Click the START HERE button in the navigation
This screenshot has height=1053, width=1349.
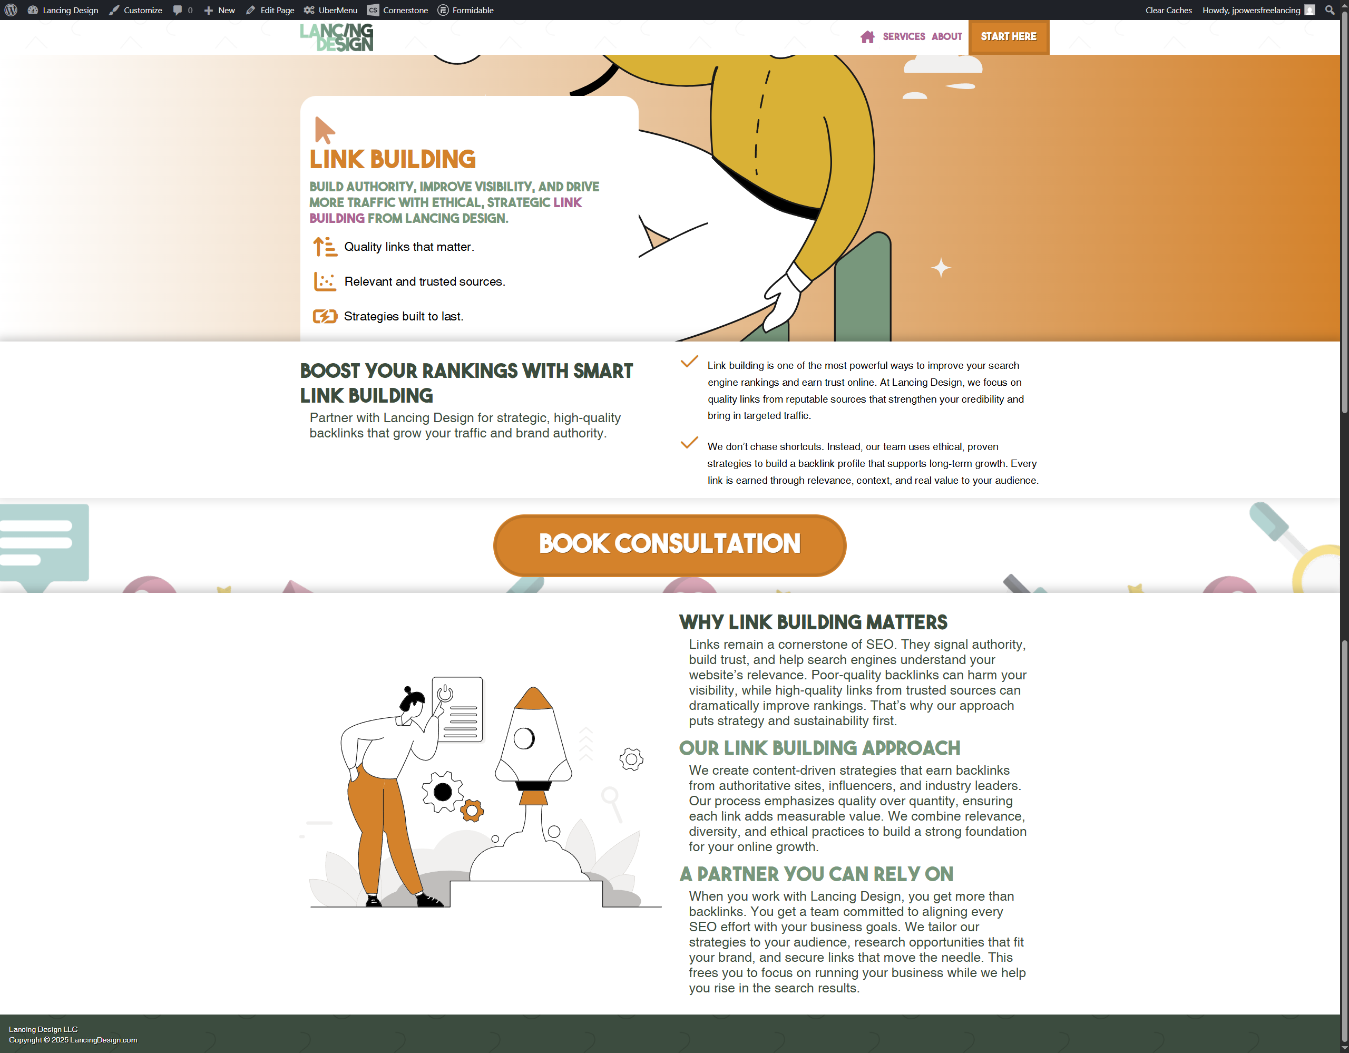pos(1008,36)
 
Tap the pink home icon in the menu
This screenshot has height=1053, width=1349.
pos(867,37)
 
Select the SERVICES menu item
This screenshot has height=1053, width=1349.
pos(904,36)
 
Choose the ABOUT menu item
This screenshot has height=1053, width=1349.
pos(947,36)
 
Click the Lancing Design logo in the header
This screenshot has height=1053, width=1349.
pos(337,37)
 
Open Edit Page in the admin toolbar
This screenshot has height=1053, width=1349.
pos(270,10)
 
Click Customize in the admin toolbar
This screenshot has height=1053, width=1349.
pos(136,10)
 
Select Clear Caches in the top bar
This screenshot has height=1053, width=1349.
pos(1168,10)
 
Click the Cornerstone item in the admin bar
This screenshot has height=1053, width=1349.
pos(397,10)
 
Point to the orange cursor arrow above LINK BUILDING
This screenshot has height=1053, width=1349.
pos(324,130)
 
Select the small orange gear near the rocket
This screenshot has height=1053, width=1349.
pos(472,810)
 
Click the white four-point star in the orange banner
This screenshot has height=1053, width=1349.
pos(941,267)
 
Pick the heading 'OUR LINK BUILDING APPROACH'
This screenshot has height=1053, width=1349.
pos(819,748)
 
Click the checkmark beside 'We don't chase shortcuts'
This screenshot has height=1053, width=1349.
pos(689,443)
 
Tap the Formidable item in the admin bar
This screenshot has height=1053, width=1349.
pos(466,10)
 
